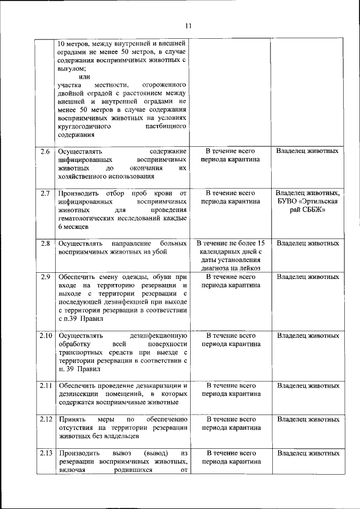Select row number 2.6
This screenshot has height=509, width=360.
pyautogui.click(x=46, y=151)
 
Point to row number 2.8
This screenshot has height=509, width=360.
pyautogui.click(x=46, y=244)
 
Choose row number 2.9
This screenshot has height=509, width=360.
pyautogui.click(x=46, y=277)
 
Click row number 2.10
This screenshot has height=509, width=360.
pyautogui.click(x=46, y=336)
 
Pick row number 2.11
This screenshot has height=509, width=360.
pyautogui.click(x=46, y=386)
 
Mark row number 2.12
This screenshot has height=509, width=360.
pyautogui.click(x=46, y=420)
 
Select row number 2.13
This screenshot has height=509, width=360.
pyautogui.click(x=46, y=453)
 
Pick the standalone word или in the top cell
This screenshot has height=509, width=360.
pyautogui.click(x=84, y=76)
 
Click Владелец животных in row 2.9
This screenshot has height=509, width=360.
pyautogui.click(x=308, y=277)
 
